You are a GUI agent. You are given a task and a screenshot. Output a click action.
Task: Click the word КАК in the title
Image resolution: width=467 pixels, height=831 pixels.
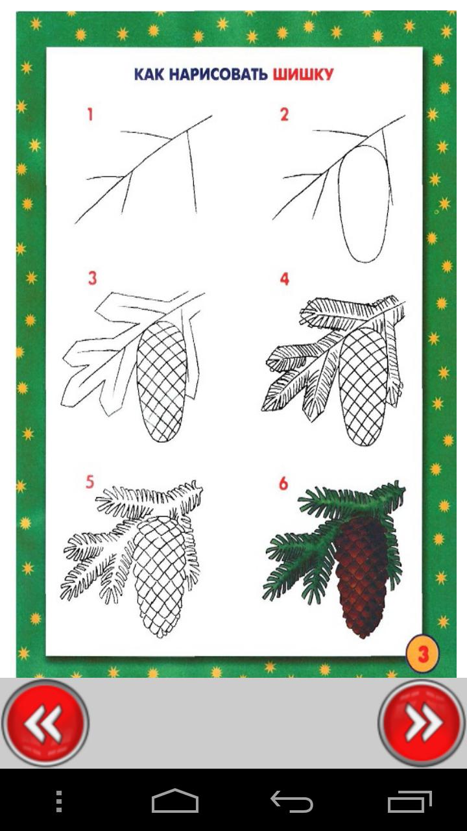149,75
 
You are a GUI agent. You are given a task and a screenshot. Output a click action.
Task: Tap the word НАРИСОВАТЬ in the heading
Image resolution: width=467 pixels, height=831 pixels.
219,75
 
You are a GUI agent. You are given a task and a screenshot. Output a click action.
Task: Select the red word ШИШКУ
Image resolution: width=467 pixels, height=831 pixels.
303,75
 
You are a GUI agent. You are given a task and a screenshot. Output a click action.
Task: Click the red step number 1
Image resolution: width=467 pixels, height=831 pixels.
90,115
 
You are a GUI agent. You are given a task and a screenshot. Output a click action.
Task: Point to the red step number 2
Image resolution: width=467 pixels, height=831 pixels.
284,115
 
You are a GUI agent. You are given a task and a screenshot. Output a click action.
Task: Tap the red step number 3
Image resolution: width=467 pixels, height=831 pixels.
92,279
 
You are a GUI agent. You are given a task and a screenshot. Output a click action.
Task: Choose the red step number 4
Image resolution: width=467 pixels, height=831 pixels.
284,279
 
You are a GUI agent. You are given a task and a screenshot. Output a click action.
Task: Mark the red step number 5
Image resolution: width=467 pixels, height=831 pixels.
90,482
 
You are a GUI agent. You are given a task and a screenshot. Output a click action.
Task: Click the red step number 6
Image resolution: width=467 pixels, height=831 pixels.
283,484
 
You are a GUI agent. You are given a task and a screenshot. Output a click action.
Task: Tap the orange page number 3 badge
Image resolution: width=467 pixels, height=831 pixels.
423,654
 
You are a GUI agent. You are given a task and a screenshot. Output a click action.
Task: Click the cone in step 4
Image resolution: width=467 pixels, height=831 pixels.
362,386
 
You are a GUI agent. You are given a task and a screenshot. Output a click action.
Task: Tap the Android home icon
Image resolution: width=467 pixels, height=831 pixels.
175,801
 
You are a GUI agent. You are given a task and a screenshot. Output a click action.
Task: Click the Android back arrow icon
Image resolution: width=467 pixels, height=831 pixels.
292,801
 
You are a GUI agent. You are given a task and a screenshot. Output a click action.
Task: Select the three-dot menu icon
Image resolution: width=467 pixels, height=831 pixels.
59,801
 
